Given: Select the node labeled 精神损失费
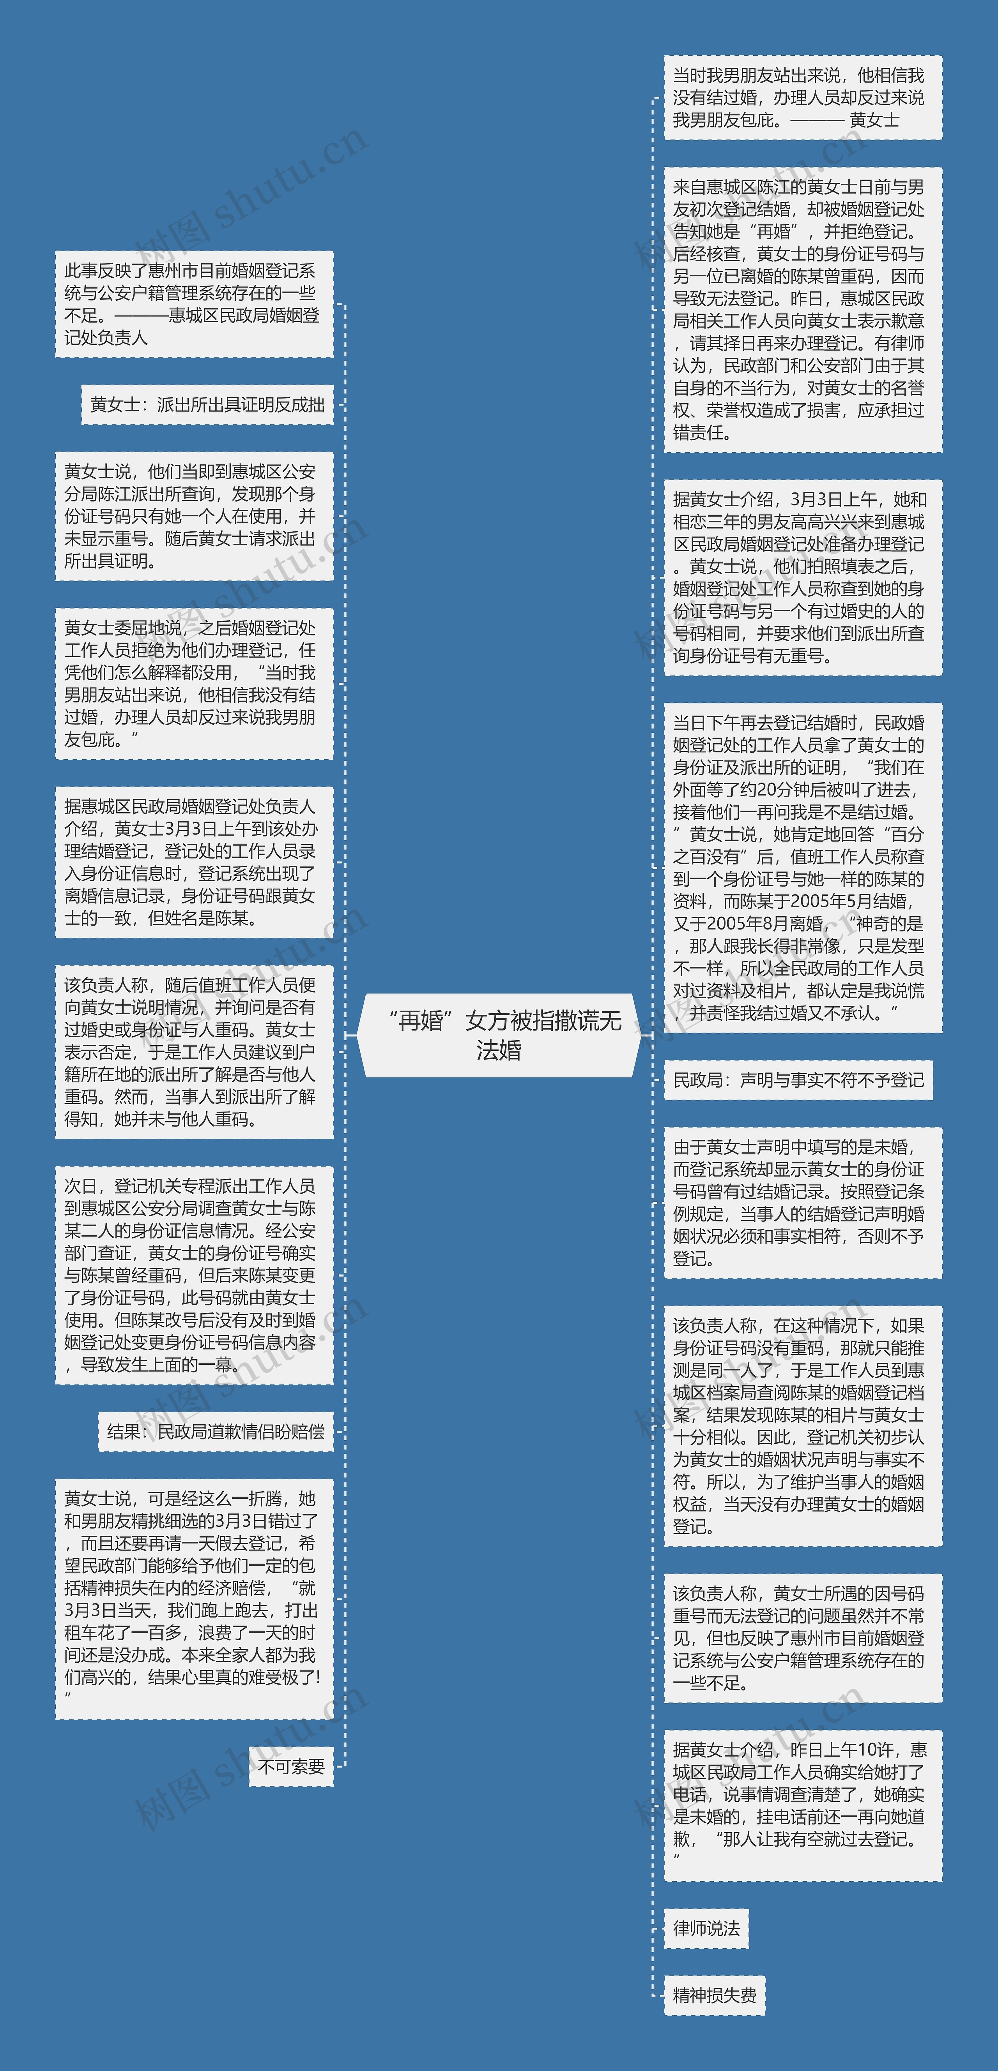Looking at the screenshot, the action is [x=714, y=1995].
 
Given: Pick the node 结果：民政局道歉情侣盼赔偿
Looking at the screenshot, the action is [x=216, y=1431].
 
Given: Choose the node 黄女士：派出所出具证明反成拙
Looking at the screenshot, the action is [x=207, y=404].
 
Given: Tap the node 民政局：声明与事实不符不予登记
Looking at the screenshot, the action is [x=798, y=1080].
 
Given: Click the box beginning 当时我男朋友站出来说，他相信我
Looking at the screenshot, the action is [x=802, y=97].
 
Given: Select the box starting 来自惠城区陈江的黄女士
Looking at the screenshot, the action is [x=802, y=310].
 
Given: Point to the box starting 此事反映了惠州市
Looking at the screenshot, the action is [x=194, y=304].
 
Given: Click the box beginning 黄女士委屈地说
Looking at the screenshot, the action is [x=194, y=683].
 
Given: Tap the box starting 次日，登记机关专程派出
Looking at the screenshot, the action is [x=194, y=1275].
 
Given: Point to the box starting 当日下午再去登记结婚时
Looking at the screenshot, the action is [x=802, y=868].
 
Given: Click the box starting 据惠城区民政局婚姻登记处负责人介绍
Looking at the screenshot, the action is [x=194, y=862].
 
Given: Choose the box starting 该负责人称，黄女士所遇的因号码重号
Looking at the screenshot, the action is [x=802, y=1638].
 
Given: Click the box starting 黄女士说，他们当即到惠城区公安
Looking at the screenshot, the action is [x=194, y=516].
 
